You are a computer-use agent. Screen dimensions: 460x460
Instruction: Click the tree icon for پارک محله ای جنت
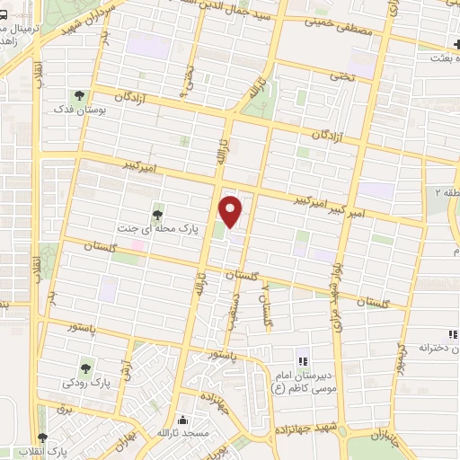(x=158, y=214)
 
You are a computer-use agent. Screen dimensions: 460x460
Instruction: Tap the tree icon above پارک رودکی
(x=86, y=367)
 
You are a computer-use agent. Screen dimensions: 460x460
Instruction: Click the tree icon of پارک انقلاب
(x=41, y=437)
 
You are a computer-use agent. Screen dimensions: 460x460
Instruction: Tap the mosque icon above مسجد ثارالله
(x=183, y=420)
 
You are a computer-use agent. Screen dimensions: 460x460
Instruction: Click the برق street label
(x=63, y=409)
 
